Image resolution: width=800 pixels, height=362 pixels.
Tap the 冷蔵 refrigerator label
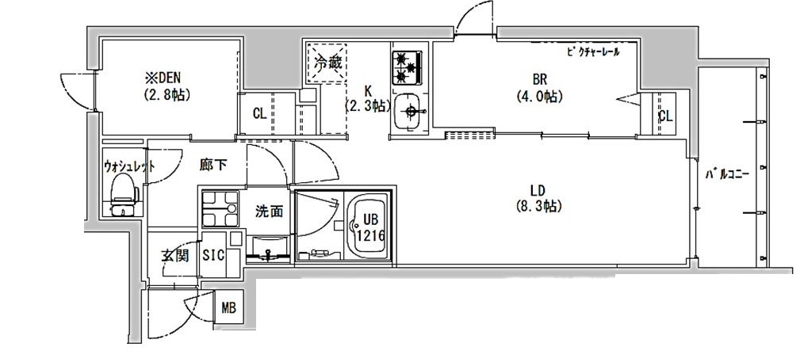point(327,63)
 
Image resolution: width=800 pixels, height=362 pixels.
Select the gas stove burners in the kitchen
point(409,67)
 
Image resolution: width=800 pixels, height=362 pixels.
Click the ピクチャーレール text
point(593,52)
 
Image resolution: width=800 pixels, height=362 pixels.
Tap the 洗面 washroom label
point(270,211)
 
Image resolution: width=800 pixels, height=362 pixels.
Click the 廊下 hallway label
point(213,166)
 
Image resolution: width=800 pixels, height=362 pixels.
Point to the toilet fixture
point(123,193)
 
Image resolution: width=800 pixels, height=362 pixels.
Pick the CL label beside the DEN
point(259,113)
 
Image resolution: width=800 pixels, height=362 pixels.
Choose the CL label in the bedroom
point(664,116)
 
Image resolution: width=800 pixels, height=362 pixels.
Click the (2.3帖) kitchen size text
point(366,105)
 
